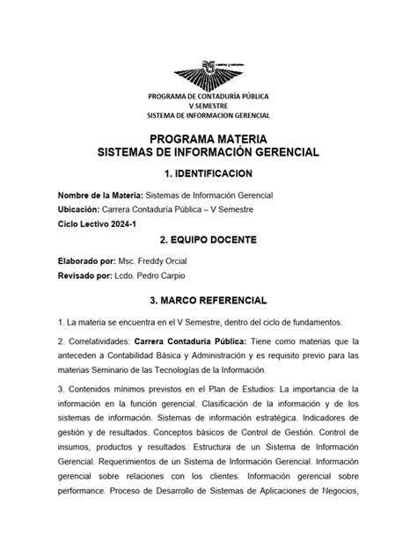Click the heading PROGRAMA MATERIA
[208, 139]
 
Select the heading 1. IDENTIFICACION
[208, 173]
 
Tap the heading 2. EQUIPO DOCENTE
[208, 239]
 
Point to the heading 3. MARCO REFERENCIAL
[208, 300]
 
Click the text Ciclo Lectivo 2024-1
[97, 224]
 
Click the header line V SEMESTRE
[208, 106]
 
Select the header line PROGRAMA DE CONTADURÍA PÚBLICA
[208, 96]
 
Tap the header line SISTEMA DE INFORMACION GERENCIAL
[208, 115]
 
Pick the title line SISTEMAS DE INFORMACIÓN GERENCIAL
[208, 152]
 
